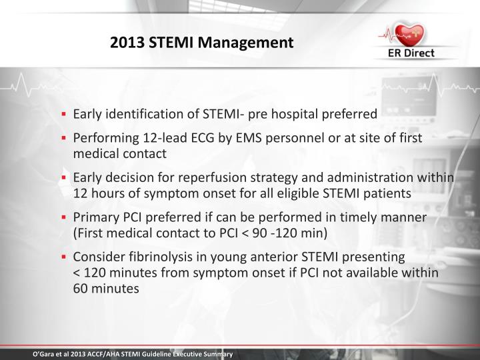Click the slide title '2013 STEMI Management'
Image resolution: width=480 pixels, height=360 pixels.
(201, 43)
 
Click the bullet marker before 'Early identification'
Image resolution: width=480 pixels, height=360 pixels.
(65, 114)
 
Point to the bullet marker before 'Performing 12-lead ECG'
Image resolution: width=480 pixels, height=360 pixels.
(65, 137)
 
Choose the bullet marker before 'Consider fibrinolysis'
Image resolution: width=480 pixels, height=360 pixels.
(65, 257)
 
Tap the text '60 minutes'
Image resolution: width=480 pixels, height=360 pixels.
(107, 289)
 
